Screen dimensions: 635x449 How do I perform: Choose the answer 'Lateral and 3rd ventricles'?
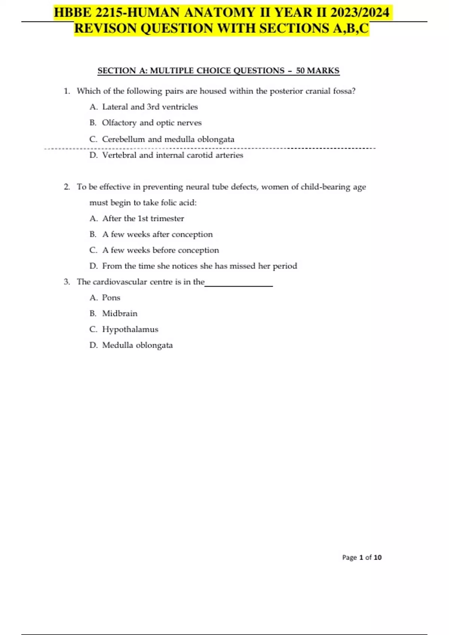[150, 107]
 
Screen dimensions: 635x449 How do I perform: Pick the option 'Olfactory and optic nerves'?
[152, 123]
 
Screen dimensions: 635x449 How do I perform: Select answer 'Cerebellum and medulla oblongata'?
[168, 139]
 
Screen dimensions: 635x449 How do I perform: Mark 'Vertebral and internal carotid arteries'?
[172, 155]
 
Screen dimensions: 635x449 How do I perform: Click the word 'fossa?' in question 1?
[344, 91]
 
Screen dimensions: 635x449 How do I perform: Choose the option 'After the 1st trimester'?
[143, 219]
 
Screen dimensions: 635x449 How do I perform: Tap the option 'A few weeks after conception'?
[157, 234]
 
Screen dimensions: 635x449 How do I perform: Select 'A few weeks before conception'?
[161, 250]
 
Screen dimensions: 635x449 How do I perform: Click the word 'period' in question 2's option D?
[285, 266]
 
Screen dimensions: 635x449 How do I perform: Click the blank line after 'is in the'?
[239, 284]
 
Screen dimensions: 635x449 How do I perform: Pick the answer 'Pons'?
[111, 298]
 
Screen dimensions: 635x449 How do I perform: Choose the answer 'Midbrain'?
[120, 313]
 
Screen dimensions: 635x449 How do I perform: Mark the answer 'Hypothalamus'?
[130, 329]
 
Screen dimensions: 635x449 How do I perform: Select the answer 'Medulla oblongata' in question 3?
[137, 345]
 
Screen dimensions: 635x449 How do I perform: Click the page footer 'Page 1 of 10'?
[361, 557]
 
